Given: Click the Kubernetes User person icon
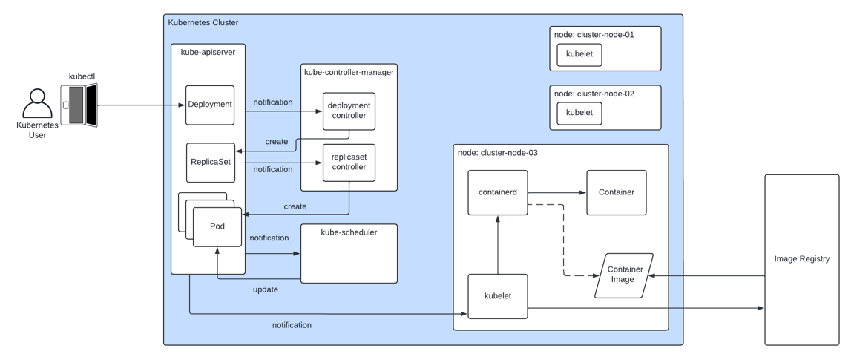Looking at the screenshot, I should (37, 104).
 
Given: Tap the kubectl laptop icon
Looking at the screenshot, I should (79, 105).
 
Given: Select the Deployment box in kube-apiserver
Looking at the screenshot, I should (210, 105).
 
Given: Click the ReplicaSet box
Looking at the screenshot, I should (211, 163).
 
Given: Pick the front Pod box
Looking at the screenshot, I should (217, 226).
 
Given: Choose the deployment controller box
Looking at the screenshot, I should (349, 111).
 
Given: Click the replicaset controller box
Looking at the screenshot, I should (349, 163).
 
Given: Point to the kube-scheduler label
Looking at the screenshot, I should (349, 232).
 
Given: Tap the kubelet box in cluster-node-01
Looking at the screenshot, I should (579, 54).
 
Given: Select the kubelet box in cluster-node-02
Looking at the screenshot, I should (579, 113).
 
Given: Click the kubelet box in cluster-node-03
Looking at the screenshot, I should (497, 296).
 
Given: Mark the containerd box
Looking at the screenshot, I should (497, 193).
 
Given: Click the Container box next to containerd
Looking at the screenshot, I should (616, 193).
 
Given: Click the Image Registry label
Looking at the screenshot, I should (801, 259).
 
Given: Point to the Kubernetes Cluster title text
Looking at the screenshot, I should (203, 23).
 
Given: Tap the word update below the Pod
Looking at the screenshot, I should (265, 289).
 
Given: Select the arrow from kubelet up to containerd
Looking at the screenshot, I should (498, 245).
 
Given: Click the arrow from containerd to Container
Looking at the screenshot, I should (556, 193).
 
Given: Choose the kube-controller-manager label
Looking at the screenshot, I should (349, 72).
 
